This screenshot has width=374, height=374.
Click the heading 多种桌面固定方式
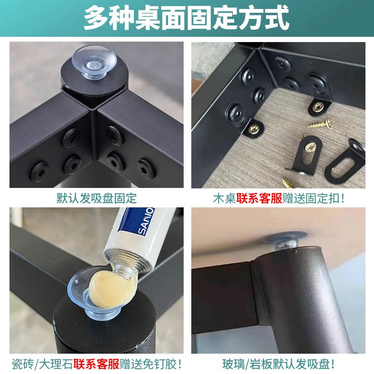pyautogui.click(x=187, y=18)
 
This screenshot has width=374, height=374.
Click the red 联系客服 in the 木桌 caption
pyautogui.click(x=259, y=198)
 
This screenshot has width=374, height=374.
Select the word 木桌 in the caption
pyautogui.click(x=225, y=198)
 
